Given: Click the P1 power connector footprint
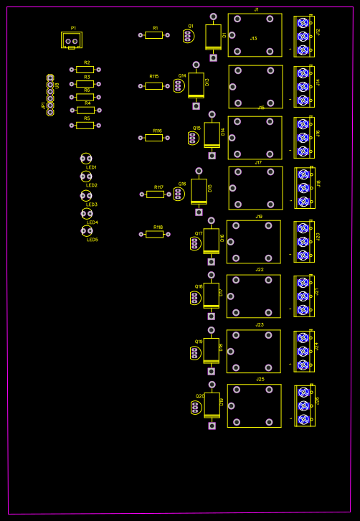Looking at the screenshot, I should (72, 41).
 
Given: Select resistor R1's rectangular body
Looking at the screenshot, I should (153, 34).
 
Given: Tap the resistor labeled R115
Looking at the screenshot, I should (153, 85).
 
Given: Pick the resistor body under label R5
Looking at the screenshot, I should (85, 125).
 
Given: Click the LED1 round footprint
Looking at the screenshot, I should (86, 159).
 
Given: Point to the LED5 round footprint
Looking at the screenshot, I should (87, 231).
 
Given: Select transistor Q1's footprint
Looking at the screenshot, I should (188, 36).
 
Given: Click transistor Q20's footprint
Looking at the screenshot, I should (196, 408).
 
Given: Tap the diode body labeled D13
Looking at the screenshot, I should (196, 85).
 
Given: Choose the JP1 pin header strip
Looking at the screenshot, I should (50, 95).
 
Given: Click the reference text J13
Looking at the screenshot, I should (253, 39).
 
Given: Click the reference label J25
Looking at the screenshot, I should (260, 379).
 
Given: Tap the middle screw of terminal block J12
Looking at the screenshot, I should (303, 36).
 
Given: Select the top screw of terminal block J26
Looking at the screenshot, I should (303, 393).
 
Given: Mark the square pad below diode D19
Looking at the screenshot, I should (212, 426).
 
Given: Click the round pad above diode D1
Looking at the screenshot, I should (213, 17).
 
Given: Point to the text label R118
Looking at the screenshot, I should (158, 227).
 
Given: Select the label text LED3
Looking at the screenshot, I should (92, 205).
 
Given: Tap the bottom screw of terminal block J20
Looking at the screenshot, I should (303, 255).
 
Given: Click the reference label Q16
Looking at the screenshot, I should (182, 184).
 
